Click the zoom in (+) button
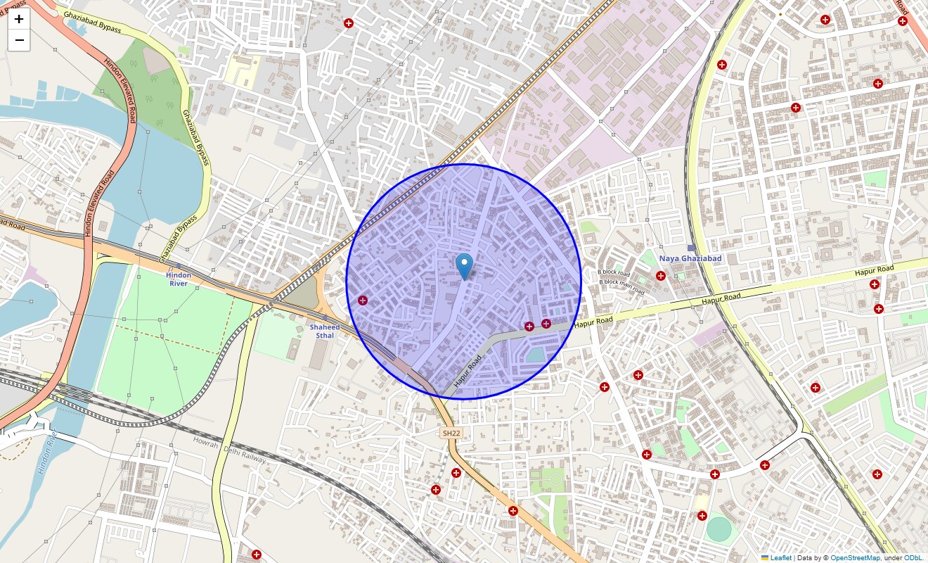coord(19,19)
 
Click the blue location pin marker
coord(464,267)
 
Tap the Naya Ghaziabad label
coord(690,258)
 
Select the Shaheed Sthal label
coord(325,331)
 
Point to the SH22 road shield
coord(451,434)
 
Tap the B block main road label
coord(621,286)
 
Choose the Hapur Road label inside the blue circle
coord(468,371)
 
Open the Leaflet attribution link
coord(780,558)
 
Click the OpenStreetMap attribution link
coord(855,558)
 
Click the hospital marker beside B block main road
coord(660,275)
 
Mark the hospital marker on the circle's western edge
coord(363,301)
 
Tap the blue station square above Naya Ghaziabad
coord(691,248)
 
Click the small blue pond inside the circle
coord(536,354)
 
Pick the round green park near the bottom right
coord(718,529)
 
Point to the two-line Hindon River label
coord(179,279)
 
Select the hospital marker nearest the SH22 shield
coord(456,472)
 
